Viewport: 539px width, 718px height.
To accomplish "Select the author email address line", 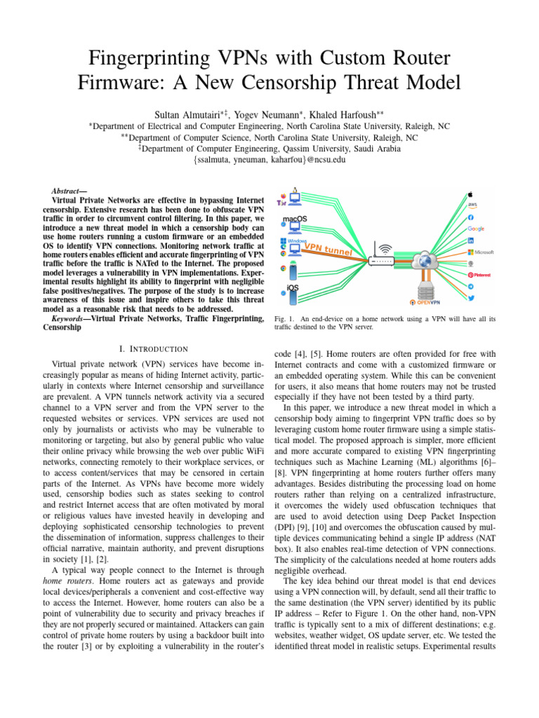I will (269, 160).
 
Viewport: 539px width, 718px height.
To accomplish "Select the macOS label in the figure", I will (295, 219).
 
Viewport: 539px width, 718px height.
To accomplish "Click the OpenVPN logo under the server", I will (425, 303).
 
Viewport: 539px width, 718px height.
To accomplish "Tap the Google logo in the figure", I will (477, 229).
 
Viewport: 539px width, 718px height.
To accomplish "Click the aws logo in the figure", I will (472, 204).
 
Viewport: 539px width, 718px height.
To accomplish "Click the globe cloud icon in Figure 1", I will (425, 261).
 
